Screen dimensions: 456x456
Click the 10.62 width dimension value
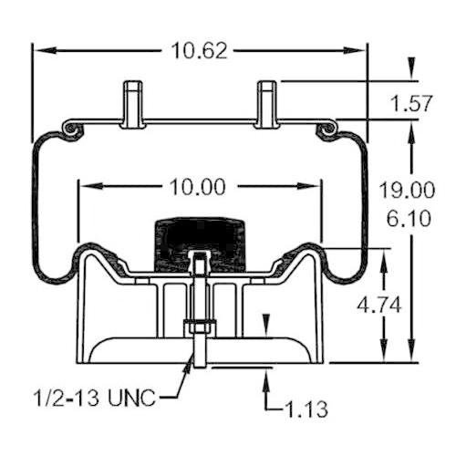(199, 50)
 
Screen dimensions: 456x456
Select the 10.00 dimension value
(198, 186)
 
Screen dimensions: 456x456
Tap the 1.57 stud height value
(411, 103)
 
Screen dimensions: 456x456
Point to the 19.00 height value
(407, 191)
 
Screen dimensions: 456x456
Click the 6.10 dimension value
(409, 218)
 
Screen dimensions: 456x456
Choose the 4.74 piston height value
(379, 306)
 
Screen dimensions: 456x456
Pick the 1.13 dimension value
(306, 409)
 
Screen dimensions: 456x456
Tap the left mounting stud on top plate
(132, 104)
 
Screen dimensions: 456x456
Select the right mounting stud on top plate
(267, 104)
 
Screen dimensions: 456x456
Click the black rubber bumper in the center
(200, 244)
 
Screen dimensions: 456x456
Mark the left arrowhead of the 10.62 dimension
(44, 50)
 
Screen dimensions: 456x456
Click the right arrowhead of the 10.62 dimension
(355, 50)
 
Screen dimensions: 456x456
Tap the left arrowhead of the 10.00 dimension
(90, 186)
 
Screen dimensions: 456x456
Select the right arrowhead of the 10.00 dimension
(309, 186)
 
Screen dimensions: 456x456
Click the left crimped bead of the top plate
(71, 129)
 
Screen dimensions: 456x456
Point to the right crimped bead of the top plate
(327, 129)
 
